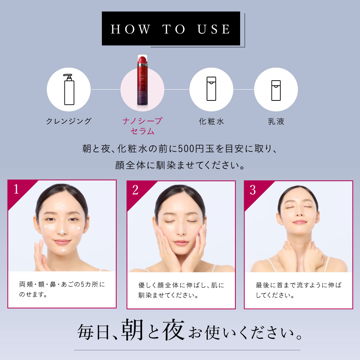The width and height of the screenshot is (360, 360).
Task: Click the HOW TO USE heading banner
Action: coord(171,29)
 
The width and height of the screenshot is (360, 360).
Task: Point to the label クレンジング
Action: coord(69,121)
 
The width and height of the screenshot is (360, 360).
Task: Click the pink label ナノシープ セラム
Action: coord(142,126)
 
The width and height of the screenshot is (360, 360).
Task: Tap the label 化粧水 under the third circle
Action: coord(211,121)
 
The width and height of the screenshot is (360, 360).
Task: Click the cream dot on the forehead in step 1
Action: coord(63,206)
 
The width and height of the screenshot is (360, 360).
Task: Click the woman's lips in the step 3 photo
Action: coord(299,222)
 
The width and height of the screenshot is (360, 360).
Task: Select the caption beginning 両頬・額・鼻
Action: coord(62,289)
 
